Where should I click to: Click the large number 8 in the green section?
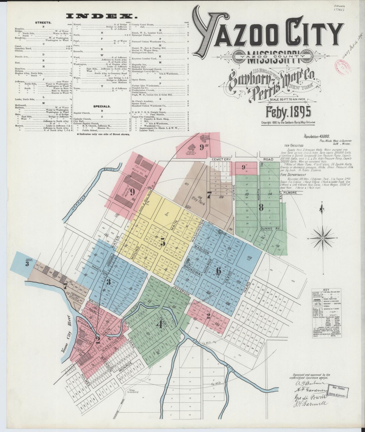(x=261, y=207)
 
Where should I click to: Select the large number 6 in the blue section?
(x=219, y=270)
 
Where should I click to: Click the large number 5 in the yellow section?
(x=163, y=243)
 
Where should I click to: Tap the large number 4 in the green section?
(x=159, y=325)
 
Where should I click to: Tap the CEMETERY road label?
(x=222, y=159)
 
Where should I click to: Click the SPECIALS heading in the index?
(x=102, y=106)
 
